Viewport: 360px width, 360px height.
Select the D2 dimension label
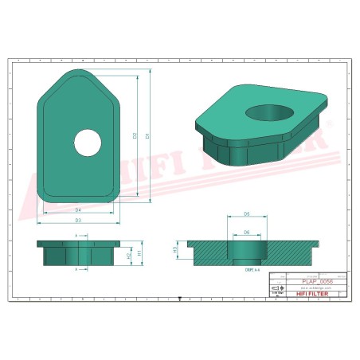pos(135,135)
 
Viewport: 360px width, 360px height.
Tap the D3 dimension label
pos(78,220)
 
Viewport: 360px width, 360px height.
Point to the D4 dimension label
pos(78,209)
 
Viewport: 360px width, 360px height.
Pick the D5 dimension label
pos(247,214)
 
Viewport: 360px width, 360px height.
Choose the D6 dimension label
pos(247,233)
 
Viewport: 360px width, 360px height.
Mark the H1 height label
pos(139,252)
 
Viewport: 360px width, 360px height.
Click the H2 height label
pos(130,256)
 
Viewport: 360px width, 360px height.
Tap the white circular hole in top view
pos(88,143)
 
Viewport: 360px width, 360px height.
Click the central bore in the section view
pos(246,255)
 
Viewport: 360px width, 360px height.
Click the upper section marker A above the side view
pos(76,237)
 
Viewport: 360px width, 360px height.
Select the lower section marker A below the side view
pos(76,270)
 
